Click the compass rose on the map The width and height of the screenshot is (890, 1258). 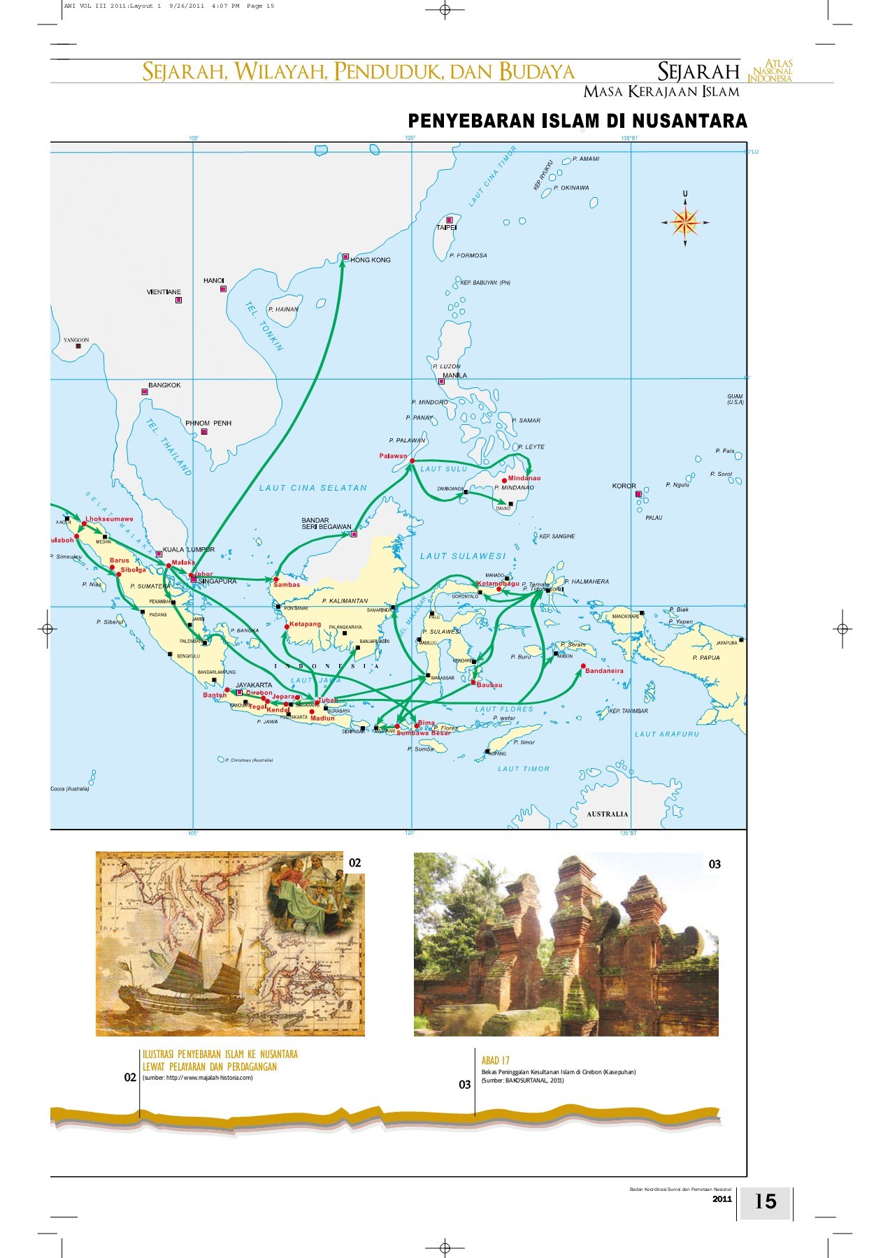coord(685,222)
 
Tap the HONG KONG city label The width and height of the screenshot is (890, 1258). coord(371,260)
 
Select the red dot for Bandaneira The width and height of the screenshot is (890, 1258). coord(582,665)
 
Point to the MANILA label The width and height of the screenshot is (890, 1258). coord(454,375)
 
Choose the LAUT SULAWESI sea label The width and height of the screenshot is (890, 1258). coord(462,556)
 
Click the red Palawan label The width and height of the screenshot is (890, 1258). coord(393,456)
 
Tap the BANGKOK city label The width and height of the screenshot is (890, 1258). coord(164,385)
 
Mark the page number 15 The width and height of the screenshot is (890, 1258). coord(766,1201)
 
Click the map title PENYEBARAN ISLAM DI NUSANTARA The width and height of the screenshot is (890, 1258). coord(577,121)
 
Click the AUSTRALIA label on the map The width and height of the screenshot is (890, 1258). coord(607,814)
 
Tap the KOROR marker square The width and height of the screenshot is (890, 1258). coord(638,494)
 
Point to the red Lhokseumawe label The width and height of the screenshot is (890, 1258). coord(108,519)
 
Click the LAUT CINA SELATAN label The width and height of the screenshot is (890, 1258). coord(313,488)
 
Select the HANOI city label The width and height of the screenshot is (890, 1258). coord(213,281)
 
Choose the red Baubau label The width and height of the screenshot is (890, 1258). coord(489,685)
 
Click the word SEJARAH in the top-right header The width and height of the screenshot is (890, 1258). coord(698,71)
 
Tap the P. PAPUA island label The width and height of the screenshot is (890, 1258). coord(705,658)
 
